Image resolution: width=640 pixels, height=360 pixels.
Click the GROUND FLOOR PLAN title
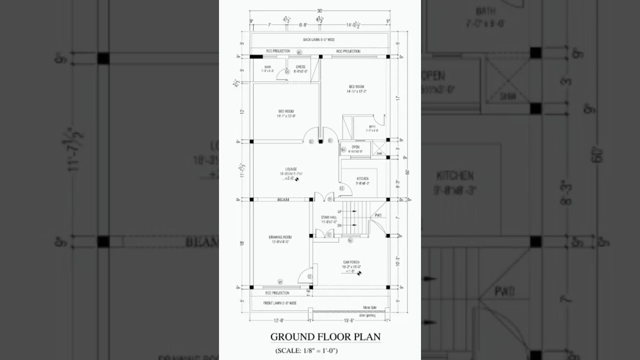pyautogui.click(x=325, y=336)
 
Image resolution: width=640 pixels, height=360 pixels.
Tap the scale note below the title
pyautogui.click(x=306, y=350)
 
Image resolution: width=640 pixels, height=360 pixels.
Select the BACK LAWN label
pyautogui.click(x=318, y=39)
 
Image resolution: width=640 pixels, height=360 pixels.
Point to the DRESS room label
pyautogui.click(x=300, y=66)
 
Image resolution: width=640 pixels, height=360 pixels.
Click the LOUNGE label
pyautogui.click(x=291, y=169)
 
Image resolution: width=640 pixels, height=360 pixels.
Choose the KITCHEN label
pyautogui.click(x=362, y=178)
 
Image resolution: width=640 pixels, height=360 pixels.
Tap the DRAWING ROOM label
pyautogui.click(x=280, y=237)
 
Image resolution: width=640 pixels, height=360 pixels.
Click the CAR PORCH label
pyautogui.click(x=351, y=262)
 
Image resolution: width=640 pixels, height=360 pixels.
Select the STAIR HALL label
pyautogui.click(x=328, y=217)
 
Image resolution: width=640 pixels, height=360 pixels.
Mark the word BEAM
pyautogui.click(x=283, y=200)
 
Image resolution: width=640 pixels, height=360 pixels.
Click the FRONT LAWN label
pyautogui.click(x=280, y=303)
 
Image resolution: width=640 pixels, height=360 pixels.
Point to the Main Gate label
pyautogui.click(x=370, y=307)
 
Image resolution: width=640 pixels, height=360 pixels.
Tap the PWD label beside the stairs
pyautogui.click(x=378, y=216)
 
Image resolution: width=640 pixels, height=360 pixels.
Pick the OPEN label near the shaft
pyautogui.click(x=355, y=147)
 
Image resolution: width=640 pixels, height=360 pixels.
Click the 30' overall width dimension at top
pyautogui.click(x=319, y=10)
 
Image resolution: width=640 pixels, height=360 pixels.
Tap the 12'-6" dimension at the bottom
pyautogui.click(x=279, y=320)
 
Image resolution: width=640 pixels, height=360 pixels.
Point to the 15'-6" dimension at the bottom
pyautogui.click(x=349, y=320)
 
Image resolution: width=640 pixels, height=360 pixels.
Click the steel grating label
pyautogui.click(x=367, y=315)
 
